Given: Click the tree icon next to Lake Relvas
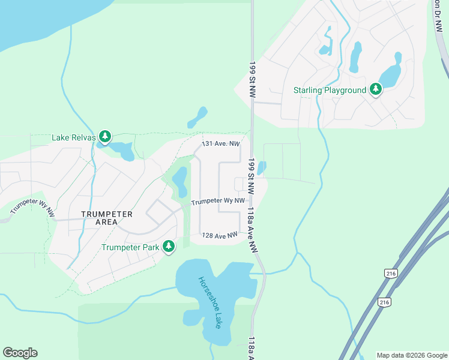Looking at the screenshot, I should pyautogui.click(x=105, y=137).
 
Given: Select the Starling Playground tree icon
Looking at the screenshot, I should pyautogui.click(x=376, y=90).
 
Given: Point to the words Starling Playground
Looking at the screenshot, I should pyautogui.click(x=330, y=91).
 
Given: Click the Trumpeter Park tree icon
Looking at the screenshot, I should pyautogui.click(x=169, y=247).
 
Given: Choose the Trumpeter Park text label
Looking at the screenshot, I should pyautogui.click(x=130, y=247).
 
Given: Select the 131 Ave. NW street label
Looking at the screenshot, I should pyautogui.click(x=221, y=144).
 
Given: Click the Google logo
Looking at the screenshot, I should pyautogui.click(x=20, y=353).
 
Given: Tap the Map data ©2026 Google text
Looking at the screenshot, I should pyautogui.click(x=412, y=355).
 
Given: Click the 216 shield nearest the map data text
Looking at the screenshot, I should pyautogui.click(x=384, y=302).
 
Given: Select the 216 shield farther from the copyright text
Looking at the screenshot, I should pyautogui.click(x=391, y=274).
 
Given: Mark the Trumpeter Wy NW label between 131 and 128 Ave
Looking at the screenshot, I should pyautogui.click(x=218, y=202).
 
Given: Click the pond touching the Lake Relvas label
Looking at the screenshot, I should pyautogui.click(x=124, y=150).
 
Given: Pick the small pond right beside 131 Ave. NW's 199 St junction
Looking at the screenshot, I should pyautogui.click(x=261, y=168).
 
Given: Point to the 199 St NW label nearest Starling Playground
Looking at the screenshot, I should pyautogui.click(x=252, y=79).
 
